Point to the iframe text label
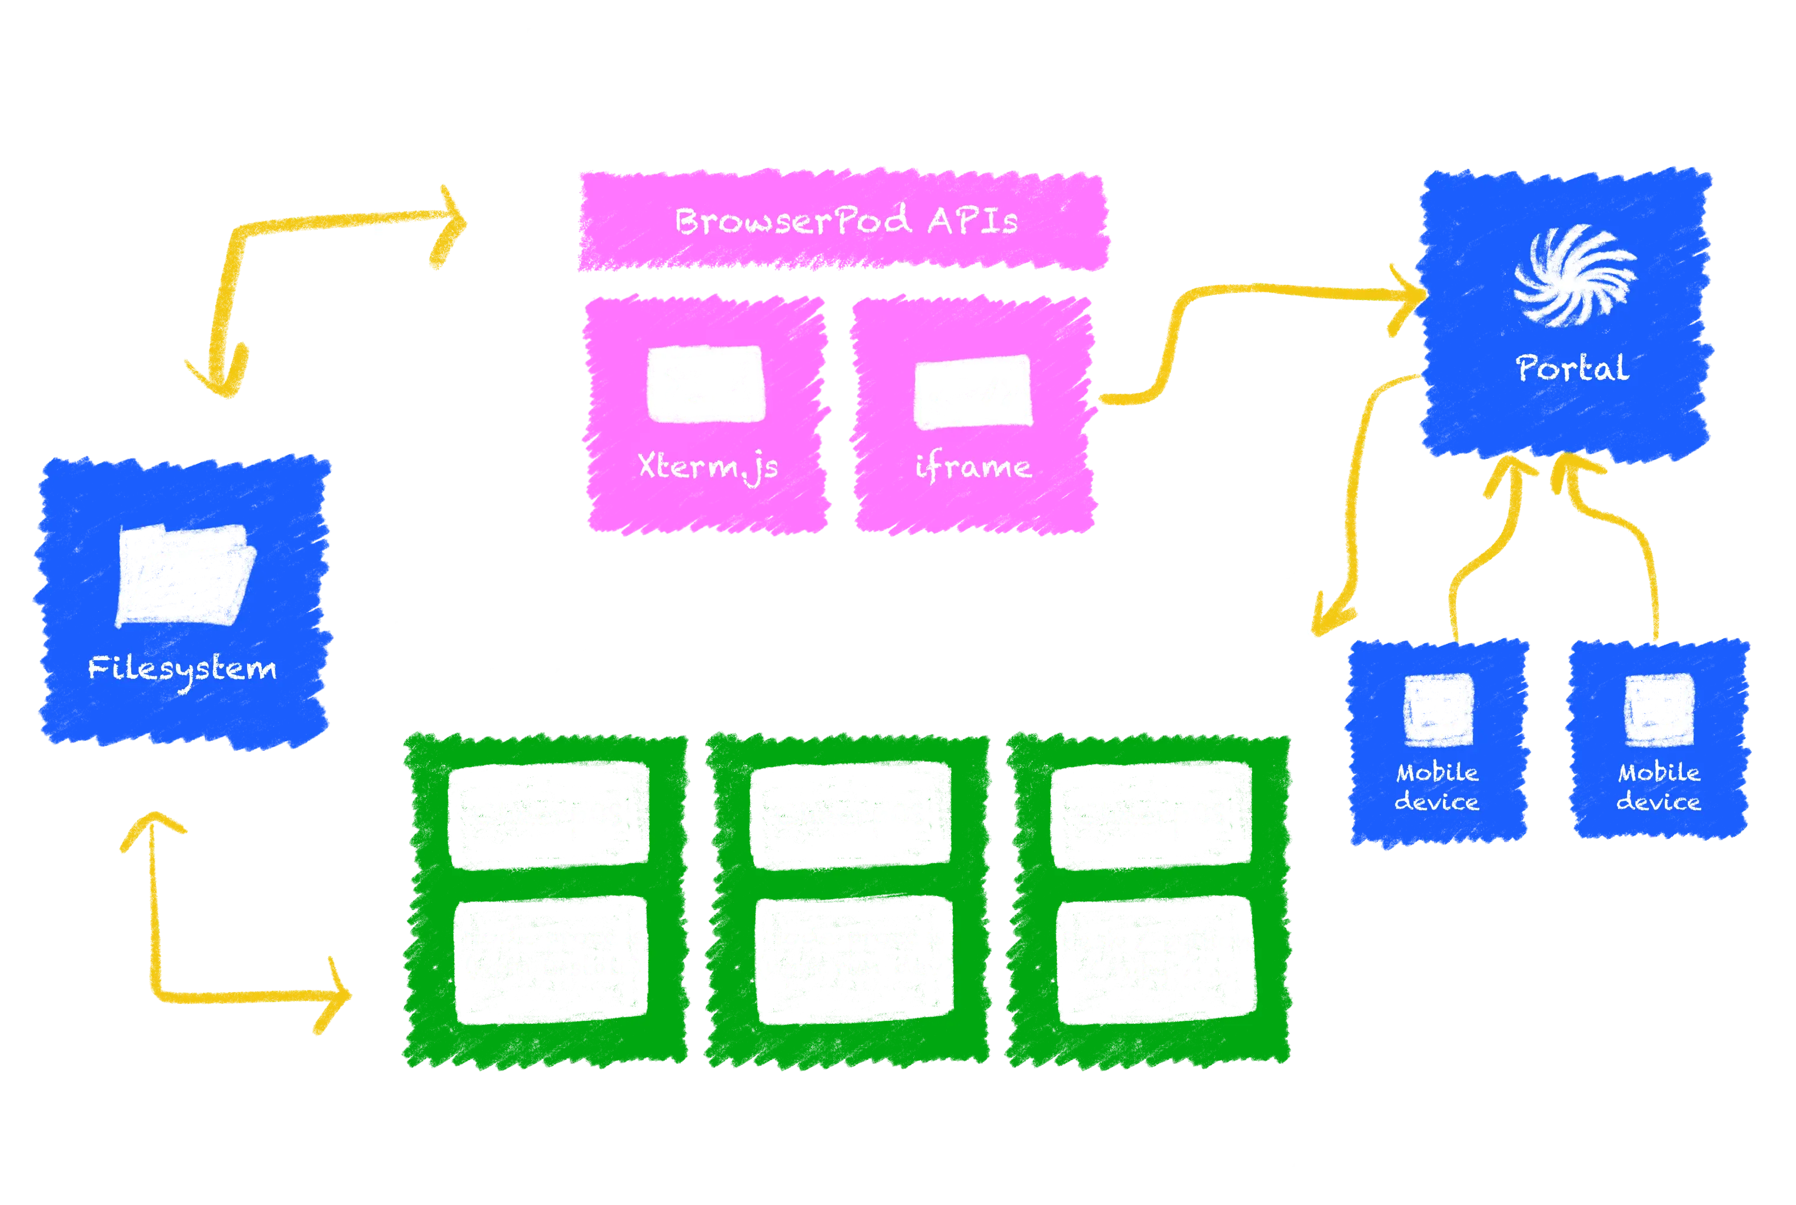click(x=972, y=467)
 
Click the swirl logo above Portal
click(x=1575, y=275)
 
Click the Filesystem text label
click(x=182, y=668)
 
